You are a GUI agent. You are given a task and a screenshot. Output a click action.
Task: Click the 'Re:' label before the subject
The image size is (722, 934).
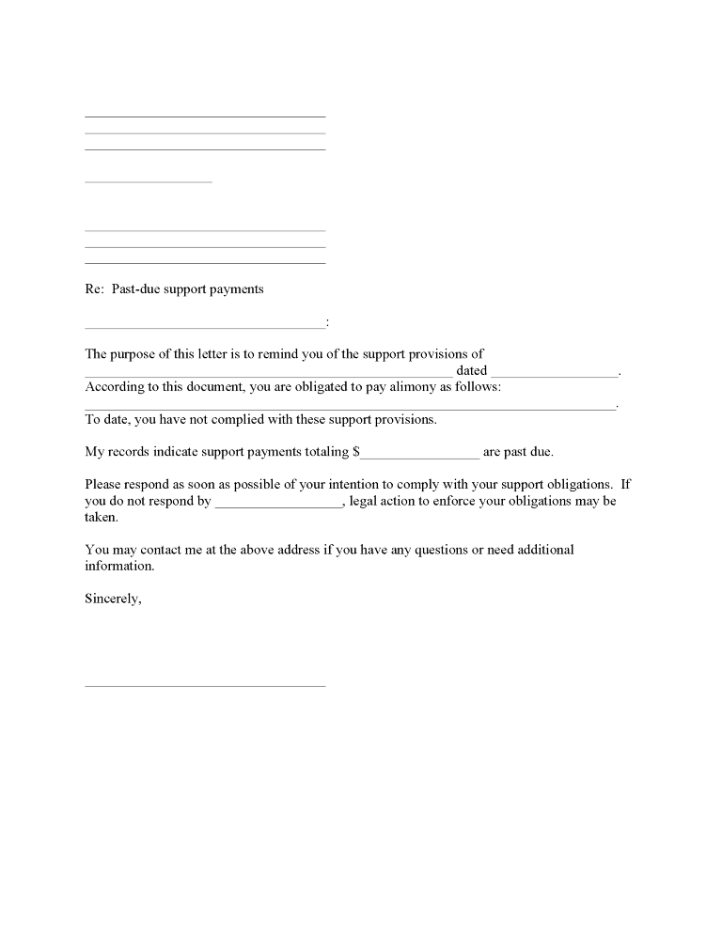(x=94, y=289)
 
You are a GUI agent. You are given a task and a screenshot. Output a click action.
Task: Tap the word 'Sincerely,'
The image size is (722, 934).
(x=113, y=599)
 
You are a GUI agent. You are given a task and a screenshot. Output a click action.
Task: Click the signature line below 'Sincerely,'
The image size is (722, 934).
(x=205, y=685)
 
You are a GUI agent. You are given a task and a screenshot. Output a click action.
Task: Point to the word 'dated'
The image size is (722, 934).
(x=471, y=371)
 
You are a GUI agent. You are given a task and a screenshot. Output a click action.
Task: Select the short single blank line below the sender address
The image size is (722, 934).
(x=149, y=181)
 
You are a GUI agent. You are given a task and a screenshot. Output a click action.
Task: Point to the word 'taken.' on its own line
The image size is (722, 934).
(x=102, y=517)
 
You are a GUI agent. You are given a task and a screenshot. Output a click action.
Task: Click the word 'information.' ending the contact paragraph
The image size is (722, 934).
(x=119, y=567)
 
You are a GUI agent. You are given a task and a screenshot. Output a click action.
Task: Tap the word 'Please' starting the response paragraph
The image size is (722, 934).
(x=103, y=485)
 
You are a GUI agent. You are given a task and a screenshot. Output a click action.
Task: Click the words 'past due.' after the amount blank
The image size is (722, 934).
(x=528, y=452)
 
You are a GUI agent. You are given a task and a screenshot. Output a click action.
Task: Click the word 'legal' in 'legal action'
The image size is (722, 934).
(x=364, y=501)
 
